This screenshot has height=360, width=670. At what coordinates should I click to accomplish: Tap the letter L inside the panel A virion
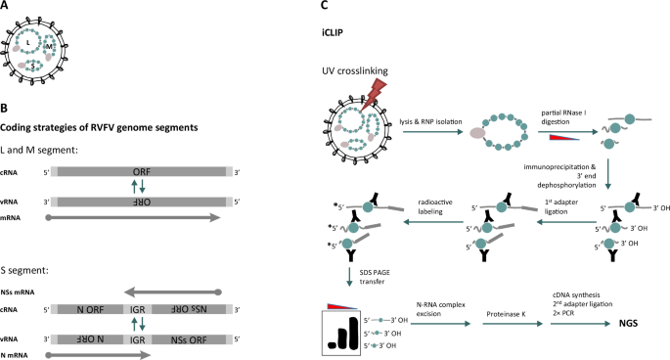30,42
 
